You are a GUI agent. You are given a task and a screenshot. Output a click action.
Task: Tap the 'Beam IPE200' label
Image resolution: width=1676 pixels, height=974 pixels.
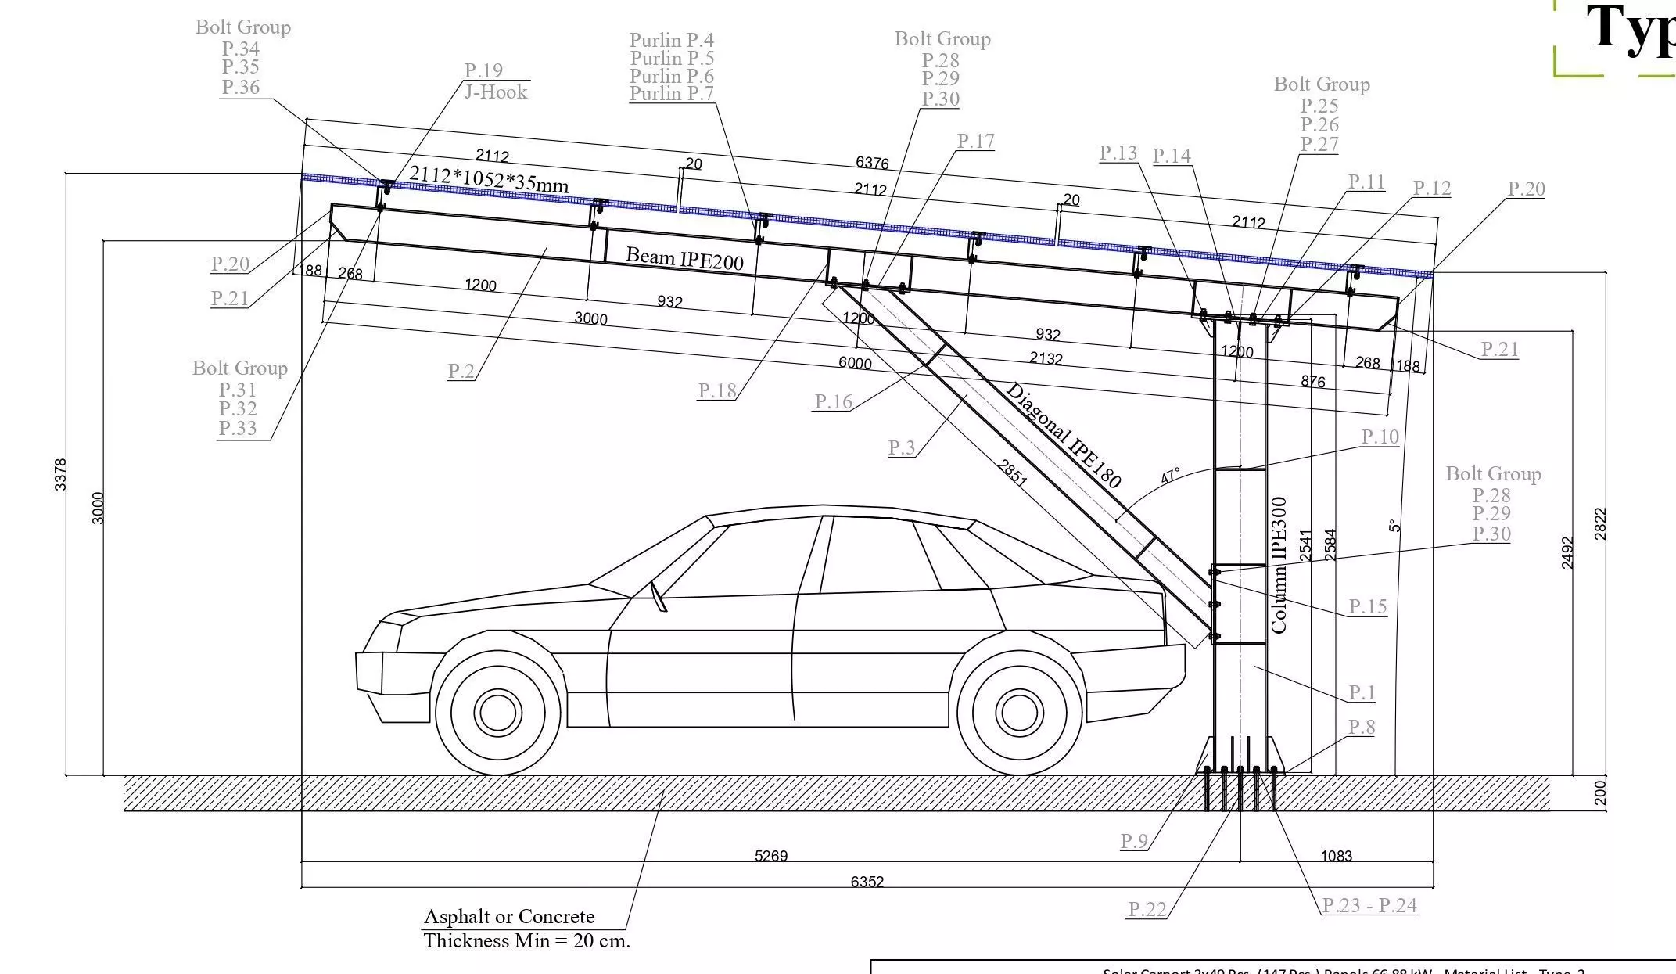coord(684,258)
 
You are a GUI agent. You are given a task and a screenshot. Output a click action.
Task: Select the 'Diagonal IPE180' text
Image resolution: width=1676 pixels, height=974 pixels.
coord(1063,436)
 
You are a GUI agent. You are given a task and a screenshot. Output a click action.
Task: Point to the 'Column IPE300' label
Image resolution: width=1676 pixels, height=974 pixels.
coord(1279,565)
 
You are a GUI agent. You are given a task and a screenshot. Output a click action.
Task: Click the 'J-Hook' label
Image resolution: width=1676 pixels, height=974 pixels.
coord(496,92)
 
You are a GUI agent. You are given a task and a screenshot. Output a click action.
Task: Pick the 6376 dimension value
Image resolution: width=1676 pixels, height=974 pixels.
coord(872,163)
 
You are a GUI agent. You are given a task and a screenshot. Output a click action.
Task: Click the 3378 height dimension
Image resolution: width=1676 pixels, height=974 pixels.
coord(61,475)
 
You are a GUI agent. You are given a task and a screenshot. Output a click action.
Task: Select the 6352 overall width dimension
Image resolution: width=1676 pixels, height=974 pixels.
coord(867,882)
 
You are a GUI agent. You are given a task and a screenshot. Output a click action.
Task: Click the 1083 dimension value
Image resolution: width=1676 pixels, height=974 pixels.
coord(1336,856)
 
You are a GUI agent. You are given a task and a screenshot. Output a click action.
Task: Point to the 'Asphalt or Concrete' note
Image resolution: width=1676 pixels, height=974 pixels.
coord(509,916)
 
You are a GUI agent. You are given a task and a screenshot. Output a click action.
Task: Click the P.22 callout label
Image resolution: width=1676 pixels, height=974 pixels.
coord(1147,908)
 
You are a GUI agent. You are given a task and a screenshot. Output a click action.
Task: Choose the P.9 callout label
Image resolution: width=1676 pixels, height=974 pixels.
coord(1134,841)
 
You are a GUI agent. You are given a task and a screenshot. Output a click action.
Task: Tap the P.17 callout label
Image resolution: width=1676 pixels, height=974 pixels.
coord(975,141)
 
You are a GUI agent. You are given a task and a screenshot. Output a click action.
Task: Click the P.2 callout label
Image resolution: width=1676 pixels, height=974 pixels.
coord(461,370)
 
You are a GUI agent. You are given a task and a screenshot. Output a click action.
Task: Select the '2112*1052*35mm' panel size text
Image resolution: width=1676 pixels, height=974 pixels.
coord(489,179)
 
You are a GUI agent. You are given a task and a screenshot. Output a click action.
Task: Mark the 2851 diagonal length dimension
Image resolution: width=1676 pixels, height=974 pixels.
coord(1012,473)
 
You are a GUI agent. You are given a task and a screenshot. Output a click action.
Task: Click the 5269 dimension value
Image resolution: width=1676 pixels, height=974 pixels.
coord(770,856)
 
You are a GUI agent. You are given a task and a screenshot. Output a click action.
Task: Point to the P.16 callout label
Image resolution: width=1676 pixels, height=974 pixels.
coord(833,401)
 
